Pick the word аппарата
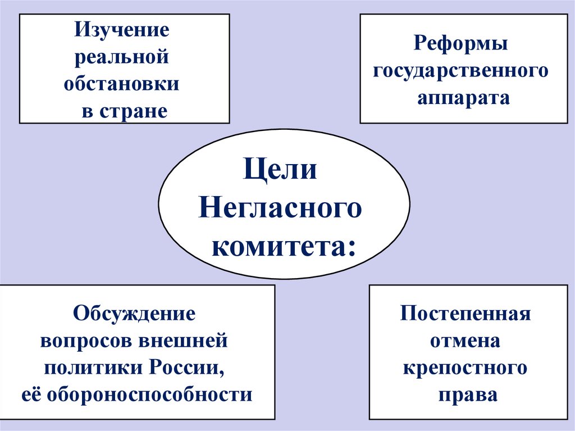(x=463, y=98)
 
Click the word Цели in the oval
(x=281, y=169)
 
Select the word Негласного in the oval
(x=280, y=208)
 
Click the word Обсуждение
(x=134, y=313)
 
